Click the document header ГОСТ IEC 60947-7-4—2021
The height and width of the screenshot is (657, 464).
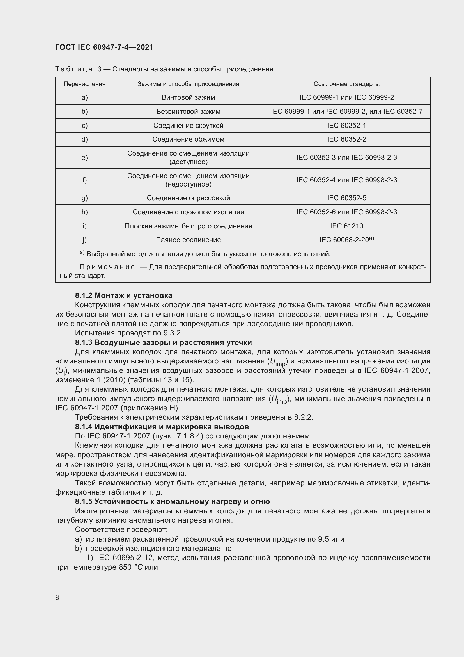coord(104,47)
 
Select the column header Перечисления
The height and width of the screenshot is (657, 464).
coord(84,84)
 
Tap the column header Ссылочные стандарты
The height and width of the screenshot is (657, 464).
coord(346,84)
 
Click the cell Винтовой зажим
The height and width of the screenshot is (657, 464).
coord(188,97)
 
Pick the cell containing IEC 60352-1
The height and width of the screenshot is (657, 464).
coord(346,125)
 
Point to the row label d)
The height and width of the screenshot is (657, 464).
coord(84,139)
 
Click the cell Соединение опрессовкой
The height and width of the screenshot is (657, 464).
coord(188,198)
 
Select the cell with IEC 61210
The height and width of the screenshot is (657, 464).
coord(346,226)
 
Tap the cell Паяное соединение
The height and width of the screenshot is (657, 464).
coord(188,240)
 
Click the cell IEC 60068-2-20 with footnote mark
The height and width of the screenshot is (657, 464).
coord(346,240)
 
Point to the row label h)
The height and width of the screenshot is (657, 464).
coord(84,212)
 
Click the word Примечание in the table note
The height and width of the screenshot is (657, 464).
coord(107,267)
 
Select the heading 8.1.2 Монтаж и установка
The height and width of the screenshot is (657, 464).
coord(123,295)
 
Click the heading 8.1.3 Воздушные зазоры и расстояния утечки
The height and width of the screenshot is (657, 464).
coord(163,342)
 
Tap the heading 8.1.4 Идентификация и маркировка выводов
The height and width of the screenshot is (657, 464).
coord(162,427)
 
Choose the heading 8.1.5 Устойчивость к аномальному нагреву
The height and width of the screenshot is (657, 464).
coord(172,502)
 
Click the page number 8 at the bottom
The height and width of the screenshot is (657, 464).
coord(57,598)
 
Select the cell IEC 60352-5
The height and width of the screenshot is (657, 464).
coord(346,198)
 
